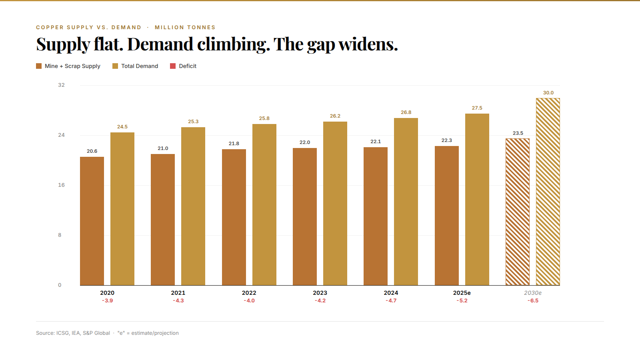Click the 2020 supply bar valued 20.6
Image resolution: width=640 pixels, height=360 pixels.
[92, 221]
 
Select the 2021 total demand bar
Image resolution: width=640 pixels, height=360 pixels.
[193, 206]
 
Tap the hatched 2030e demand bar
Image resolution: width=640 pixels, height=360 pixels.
[548, 192]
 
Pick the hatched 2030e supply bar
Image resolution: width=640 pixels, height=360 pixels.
[518, 212]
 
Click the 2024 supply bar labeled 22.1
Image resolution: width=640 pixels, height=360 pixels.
[376, 216]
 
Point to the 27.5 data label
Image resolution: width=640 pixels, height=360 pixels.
[477, 108]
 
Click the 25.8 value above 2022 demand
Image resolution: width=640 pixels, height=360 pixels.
[264, 118]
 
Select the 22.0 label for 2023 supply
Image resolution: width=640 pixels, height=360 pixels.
[305, 142]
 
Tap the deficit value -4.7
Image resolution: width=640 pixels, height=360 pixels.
[391, 301]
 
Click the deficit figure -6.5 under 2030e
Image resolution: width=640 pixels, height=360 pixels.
[533, 301]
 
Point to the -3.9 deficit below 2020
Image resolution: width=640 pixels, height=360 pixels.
[107, 301]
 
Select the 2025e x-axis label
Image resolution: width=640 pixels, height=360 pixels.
[462, 293]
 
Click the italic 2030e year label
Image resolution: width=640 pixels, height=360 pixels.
[533, 293]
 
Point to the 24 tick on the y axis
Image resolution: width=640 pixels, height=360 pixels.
[61, 135]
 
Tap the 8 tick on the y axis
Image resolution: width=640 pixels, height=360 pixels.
[60, 235]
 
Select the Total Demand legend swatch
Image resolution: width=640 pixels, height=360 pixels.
[115, 66]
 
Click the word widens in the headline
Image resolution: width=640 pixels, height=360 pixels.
[368, 44]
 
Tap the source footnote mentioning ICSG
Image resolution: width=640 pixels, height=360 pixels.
[73, 333]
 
